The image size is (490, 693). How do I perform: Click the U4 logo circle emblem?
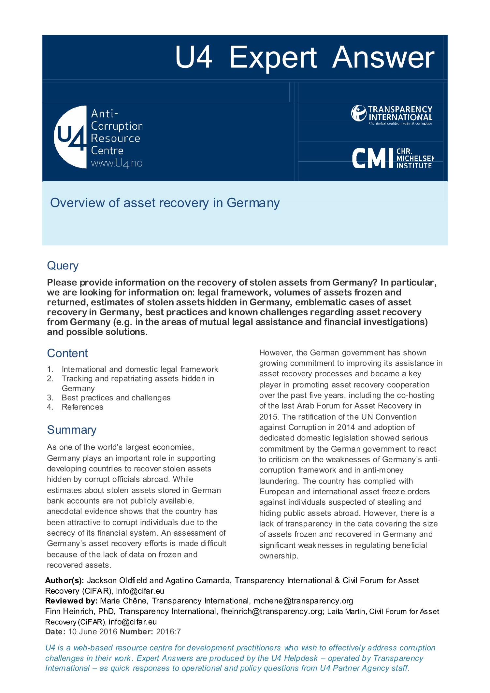click(70, 137)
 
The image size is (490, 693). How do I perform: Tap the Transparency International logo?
click(392, 114)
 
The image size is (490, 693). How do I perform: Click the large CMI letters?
click(372, 158)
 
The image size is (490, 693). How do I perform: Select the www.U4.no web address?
click(117, 163)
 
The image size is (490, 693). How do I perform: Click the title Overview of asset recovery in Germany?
click(165, 203)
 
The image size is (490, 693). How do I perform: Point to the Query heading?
click(63, 266)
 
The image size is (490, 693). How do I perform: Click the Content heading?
click(67, 353)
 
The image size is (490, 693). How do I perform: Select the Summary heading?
click(72, 430)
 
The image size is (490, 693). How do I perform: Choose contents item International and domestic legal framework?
click(140, 369)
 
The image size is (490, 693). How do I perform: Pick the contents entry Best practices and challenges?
click(116, 397)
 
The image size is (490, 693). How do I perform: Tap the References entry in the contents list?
click(82, 407)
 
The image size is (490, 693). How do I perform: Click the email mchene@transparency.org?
click(303, 601)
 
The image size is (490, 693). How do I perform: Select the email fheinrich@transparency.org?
click(271, 611)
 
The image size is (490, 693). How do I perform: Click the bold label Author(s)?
click(65, 580)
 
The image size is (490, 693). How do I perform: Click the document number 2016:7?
click(168, 632)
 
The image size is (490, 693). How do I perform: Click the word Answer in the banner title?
click(383, 57)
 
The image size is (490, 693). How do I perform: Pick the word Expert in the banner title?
click(273, 57)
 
